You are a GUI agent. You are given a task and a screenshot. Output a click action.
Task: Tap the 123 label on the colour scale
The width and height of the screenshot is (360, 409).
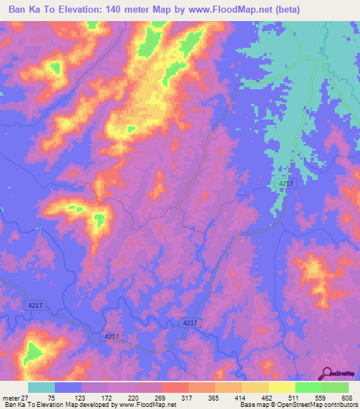[x=89, y=398]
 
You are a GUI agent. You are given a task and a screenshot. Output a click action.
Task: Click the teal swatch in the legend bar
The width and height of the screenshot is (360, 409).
[x=41, y=387]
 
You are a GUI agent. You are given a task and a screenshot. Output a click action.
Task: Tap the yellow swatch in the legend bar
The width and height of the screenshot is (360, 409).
[x=282, y=387]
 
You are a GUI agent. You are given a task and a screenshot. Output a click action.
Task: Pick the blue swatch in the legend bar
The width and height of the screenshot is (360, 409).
[x=68, y=387]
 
